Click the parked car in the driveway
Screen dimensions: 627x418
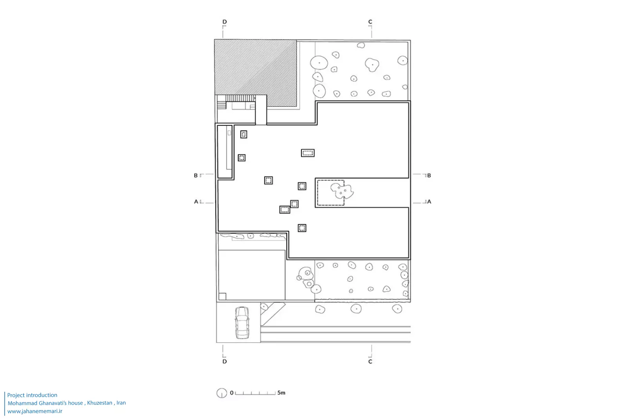click(x=242, y=322)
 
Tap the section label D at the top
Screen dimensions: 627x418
click(x=225, y=22)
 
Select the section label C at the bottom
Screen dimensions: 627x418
click(x=370, y=362)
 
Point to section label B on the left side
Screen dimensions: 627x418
click(x=196, y=176)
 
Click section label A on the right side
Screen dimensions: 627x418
click(x=429, y=201)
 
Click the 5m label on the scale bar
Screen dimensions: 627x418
click(x=281, y=393)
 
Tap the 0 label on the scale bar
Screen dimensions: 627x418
click(x=232, y=393)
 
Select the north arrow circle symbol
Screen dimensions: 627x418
click(x=222, y=393)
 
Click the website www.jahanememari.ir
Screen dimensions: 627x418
click(x=35, y=411)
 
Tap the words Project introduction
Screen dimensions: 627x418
click(x=32, y=395)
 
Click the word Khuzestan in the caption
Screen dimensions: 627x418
click(x=100, y=403)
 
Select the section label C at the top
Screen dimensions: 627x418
click(x=370, y=22)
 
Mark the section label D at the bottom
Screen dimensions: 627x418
click(x=225, y=362)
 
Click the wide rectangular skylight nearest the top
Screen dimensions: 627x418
click(x=308, y=153)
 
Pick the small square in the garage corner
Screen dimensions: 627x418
click(x=222, y=296)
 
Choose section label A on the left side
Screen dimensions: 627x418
click(x=196, y=201)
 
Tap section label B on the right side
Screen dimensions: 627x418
click(x=429, y=176)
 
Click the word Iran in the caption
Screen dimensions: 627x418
click(x=121, y=403)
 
